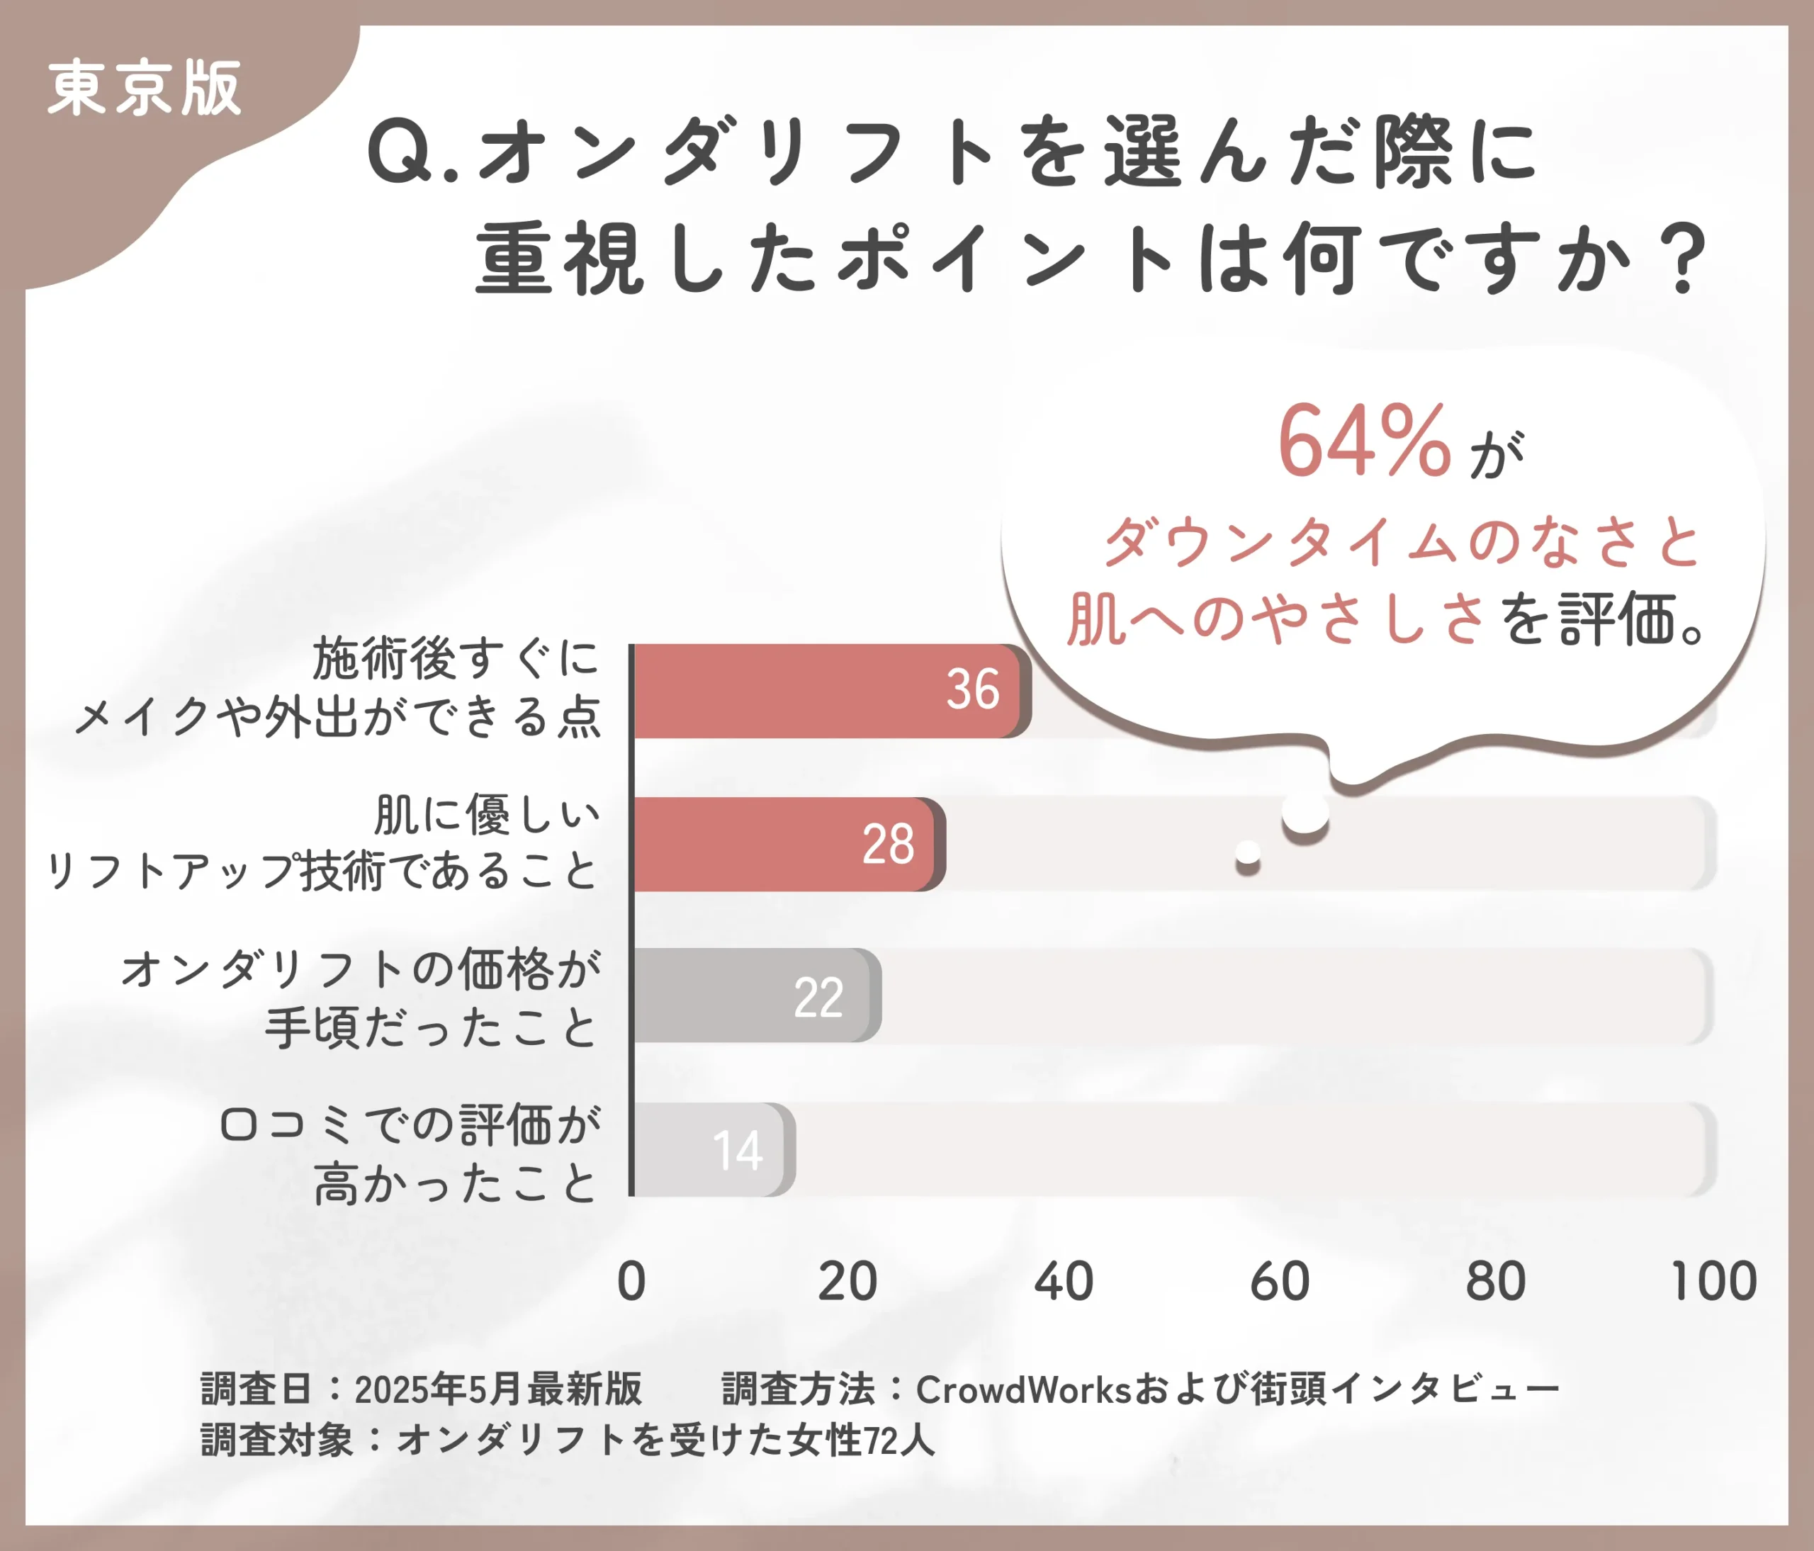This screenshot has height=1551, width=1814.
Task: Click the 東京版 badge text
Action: click(145, 89)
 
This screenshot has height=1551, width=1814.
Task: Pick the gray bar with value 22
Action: click(753, 996)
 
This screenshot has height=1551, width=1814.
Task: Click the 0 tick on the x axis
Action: click(631, 1282)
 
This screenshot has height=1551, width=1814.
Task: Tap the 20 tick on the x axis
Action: click(847, 1282)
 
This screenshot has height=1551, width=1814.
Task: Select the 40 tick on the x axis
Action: click(1064, 1282)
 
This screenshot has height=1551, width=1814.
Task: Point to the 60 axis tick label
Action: click(1280, 1282)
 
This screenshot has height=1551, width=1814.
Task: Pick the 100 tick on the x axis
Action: click(1713, 1282)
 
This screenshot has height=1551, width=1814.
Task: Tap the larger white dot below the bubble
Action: click(1305, 813)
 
